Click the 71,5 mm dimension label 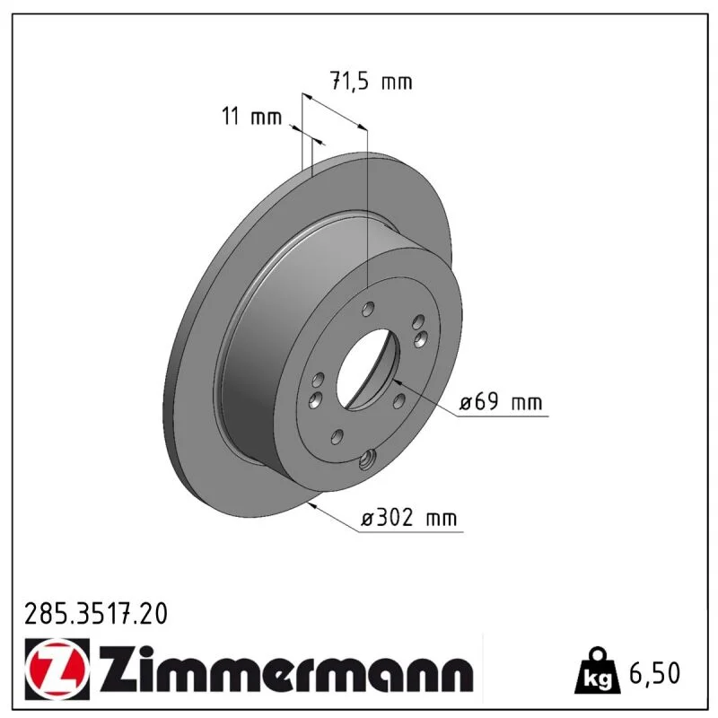click(372, 82)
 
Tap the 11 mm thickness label click(251, 117)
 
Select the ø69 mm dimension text click(501, 402)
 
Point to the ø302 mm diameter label click(409, 519)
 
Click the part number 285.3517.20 click(96, 614)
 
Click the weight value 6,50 click(655, 674)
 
